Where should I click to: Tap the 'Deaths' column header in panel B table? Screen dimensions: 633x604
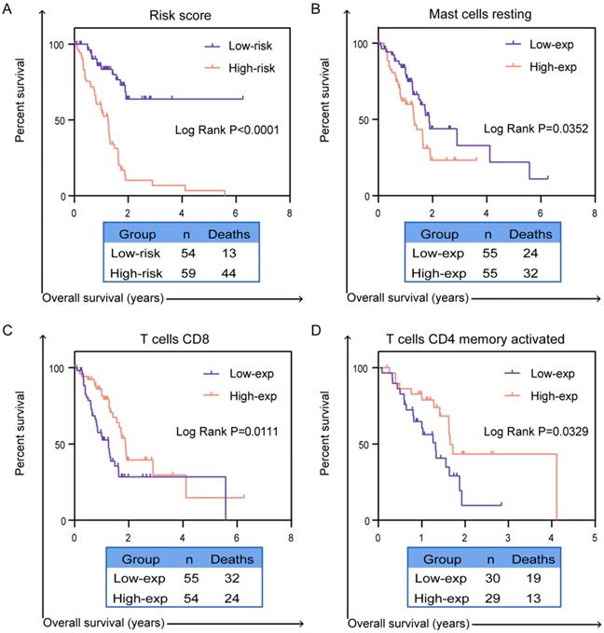pos(525,233)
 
